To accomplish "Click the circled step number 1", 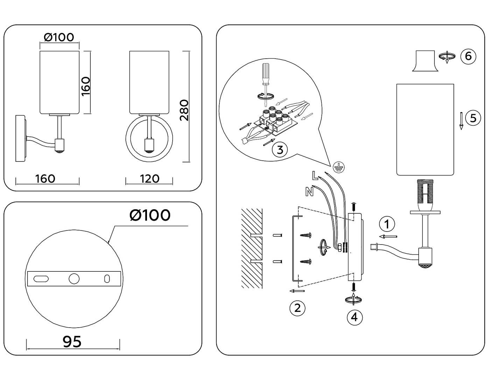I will click(387, 224).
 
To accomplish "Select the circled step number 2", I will click(297, 308).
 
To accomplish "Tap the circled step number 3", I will click(280, 149).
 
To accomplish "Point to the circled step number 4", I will click(355, 317).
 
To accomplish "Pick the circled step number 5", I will click(473, 118).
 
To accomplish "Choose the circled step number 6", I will click(468, 56).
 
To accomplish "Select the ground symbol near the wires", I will click(338, 168).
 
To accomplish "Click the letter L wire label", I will click(315, 176).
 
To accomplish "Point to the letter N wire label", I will click(309, 192).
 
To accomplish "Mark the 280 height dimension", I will click(184, 110).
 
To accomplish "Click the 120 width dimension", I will click(149, 179).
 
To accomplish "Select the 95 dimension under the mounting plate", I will click(72, 341).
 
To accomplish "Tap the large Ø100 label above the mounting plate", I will click(150, 215).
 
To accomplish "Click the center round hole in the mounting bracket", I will click(74, 279).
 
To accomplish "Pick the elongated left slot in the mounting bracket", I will click(41, 279).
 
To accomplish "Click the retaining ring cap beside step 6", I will click(425, 61).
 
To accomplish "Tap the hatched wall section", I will click(252, 248).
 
